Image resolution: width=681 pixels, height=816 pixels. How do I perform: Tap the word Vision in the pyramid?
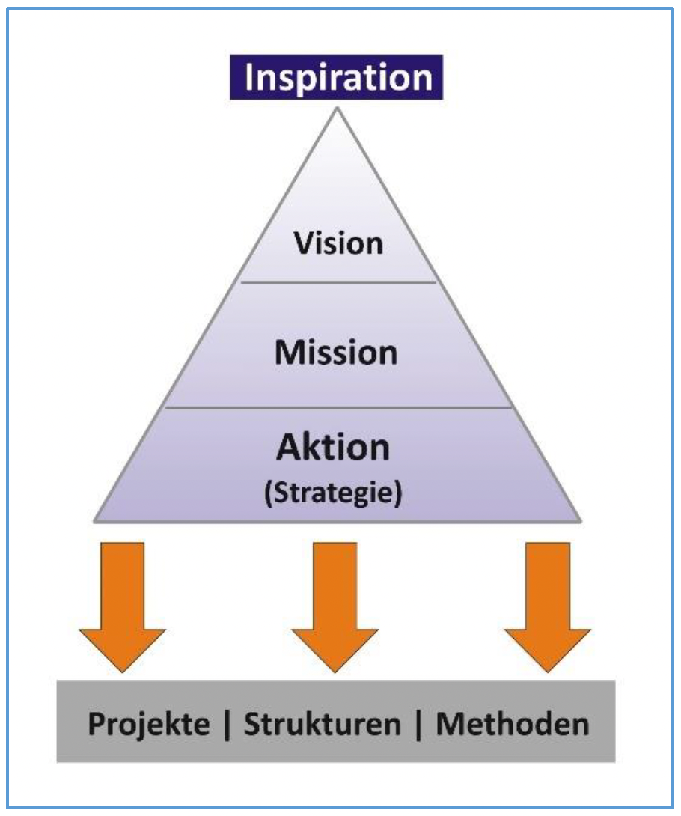tap(338, 243)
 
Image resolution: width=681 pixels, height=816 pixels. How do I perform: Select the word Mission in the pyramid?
tap(336, 353)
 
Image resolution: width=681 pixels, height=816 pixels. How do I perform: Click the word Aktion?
tap(333, 448)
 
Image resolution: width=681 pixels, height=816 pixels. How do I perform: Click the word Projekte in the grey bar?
tap(149, 725)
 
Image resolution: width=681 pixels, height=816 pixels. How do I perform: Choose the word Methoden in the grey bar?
tap(513, 724)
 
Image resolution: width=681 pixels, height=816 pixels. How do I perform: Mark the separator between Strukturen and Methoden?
tap(419, 725)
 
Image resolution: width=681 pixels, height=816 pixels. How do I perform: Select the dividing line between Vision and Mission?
tap(338, 282)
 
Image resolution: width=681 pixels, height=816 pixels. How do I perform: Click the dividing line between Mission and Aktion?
tap(338, 407)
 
